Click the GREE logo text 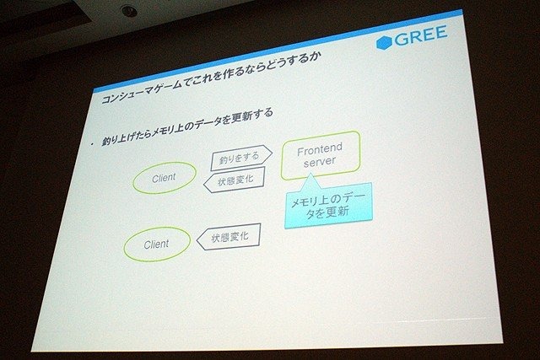tap(421, 35)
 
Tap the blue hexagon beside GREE tap(385, 43)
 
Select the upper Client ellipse tap(165, 178)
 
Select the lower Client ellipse tap(157, 244)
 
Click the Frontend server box tap(321, 155)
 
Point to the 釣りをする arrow tap(241, 158)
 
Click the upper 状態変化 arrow tap(235, 180)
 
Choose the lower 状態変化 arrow tap(229, 237)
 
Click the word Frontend tap(320, 149)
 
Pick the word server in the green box tap(319, 162)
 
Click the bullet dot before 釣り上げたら tap(92, 145)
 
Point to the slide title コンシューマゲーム tap(142, 92)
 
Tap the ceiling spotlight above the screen tap(129, 11)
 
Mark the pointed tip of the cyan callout tap(310, 174)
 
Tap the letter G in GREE tap(402, 39)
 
